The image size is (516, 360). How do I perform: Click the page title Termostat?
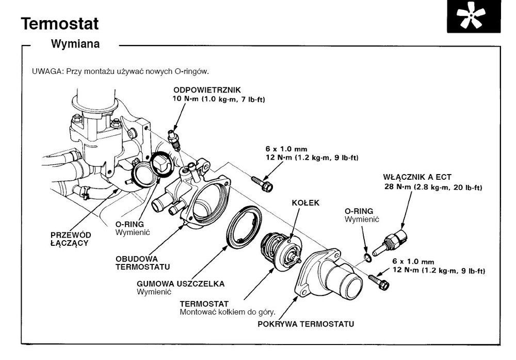(60, 23)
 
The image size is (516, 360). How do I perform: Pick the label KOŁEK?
(306, 203)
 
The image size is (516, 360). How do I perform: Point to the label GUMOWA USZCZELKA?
(174, 284)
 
